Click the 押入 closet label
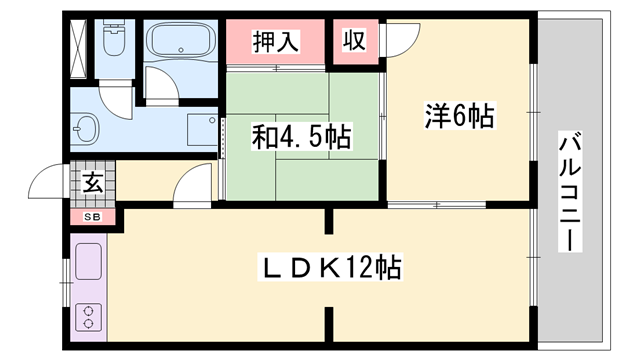tap(276, 41)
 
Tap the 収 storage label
tap(354, 40)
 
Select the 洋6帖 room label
tap(460, 116)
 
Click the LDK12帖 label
tap(330, 267)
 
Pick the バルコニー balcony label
tap(570, 191)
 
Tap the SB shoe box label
tap(92, 217)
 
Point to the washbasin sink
tap(85, 128)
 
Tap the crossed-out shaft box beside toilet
tap(78, 48)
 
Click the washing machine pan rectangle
tap(202, 129)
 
